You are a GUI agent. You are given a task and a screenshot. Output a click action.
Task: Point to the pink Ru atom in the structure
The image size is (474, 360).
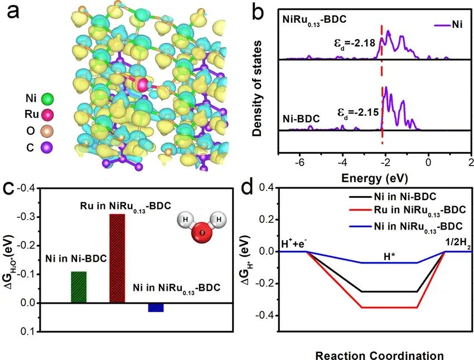pos(143,85)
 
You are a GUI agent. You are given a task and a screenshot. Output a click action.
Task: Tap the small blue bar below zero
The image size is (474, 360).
pos(156,308)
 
